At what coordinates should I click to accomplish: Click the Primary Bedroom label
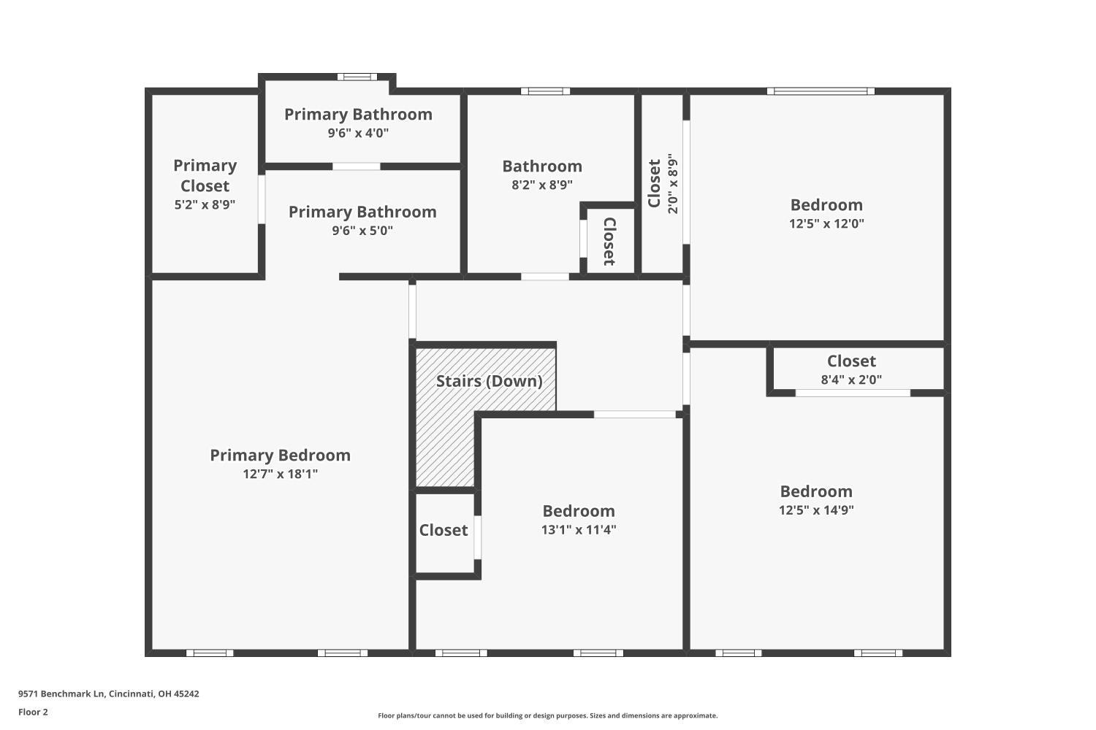[x=280, y=455]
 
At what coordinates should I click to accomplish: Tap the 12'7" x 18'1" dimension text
[x=280, y=474]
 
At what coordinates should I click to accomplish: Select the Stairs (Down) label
[x=489, y=381]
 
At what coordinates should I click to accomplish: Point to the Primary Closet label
[x=205, y=176]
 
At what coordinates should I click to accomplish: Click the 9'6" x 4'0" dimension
[x=358, y=133]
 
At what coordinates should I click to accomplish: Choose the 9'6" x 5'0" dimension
[x=362, y=231]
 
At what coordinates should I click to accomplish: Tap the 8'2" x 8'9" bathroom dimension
[x=542, y=185]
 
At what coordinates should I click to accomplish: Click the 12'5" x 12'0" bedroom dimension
[x=826, y=223]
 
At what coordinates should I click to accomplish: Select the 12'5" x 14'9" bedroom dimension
[x=816, y=510]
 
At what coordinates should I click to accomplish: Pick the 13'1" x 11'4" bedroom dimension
[x=578, y=530]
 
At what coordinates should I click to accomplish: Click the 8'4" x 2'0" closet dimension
[x=851, y=380]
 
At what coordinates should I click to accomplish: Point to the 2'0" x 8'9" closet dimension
[x=673, y=183]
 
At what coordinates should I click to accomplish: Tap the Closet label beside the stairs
[x=444, y=530]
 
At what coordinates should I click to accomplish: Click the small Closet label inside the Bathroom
[x=609, y=241]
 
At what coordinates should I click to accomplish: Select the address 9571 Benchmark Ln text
[x=109, y=694]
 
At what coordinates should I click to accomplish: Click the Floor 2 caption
[x=33, y=712]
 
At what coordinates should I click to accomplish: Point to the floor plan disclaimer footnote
[x=547, y=715]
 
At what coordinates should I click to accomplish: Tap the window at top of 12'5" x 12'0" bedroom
[x=821, y=91]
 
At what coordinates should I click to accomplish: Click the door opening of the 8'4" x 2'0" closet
[x=853, y=393]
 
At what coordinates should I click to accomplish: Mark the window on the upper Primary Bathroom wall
[x=357, y=77]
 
